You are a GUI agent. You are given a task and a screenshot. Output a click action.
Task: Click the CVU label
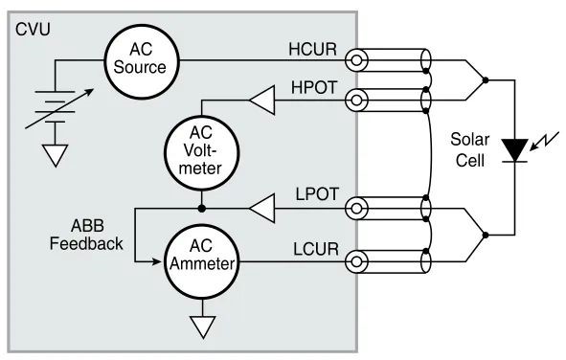click(x=33, y=30)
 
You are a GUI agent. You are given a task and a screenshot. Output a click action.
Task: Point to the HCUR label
click(x=312, y=50)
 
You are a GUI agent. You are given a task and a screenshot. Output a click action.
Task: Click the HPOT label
click(x=314, y=88)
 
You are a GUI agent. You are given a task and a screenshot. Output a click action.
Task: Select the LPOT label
click(x=317, y=194)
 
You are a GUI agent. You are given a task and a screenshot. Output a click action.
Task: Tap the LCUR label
click(x=316, y=250)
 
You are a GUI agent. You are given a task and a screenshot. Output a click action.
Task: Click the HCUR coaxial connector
click(x=356, y=60)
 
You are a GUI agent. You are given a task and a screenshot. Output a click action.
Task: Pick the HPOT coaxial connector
click(x=356, y=100)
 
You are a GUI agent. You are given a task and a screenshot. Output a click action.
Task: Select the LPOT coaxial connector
click(x=356, y=209)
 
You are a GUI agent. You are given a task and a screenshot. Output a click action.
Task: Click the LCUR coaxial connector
click(x=356, y=261)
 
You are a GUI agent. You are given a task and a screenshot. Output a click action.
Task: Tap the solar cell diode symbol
click(x=514, y=150)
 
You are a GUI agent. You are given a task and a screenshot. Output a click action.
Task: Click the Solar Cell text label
click(x=470, y=149)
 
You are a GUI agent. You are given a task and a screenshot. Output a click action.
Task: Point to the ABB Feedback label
click(x=86, y=235)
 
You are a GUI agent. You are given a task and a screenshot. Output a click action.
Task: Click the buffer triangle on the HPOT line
click(x=262, y=100)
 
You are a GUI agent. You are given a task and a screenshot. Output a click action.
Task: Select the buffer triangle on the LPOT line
click(x=262, y=209)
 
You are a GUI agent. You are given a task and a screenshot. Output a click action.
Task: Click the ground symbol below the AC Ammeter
click(x=202, y=326)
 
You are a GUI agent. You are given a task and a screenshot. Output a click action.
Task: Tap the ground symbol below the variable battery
click(x=56, y=155)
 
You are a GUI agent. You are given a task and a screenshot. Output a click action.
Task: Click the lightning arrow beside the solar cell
click(x=544, y=142)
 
